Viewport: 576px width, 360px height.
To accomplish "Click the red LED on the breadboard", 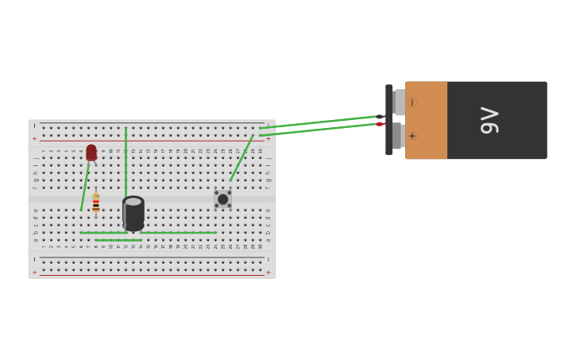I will pyautogui.click(x=91, y=152).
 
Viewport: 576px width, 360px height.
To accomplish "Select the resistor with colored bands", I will pyautogui.click(x=95, y=203).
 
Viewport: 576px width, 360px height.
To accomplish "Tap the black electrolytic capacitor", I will pyautogui.click(x=133, y=215).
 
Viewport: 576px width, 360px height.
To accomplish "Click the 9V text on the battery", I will pyautogui.click(x=489, y=120).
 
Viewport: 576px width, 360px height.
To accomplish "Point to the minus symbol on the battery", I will pyautogui.click(x=412, y=103).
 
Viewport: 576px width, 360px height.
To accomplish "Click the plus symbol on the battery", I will pyautogui.click(x=412, y=136).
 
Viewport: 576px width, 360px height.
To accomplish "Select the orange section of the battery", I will pyautogui.click(x=427, y=120).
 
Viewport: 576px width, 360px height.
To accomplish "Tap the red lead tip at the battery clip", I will pyautogui.click(x=380, y=124).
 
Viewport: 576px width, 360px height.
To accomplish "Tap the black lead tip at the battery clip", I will pyautogui.click(x=380, y=117).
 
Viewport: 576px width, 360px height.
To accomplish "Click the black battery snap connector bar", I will pyautogui.click(x=389, y=120).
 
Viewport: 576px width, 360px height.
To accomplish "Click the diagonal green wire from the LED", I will pyautogui.click(x=84, y=189).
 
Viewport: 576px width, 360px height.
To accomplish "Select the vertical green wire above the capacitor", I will pyautogui.click(x=126, y=159).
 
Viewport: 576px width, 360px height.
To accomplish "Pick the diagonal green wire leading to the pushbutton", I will pyautogui.click(x=242, y=158).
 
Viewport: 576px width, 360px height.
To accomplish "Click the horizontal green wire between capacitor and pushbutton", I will pyautogui.click(x=180, y=233).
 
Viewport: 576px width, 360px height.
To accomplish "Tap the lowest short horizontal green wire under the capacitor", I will pyautogui.click(x=118, y=240).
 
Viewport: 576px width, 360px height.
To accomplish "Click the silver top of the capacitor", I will pyautogui.click(x=133, y=202).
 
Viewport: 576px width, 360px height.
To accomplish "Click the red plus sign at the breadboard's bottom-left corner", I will pyautogui.click(x=34, y=273).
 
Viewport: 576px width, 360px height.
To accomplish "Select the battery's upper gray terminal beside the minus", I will pyautogui.click(x=399, y=103).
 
